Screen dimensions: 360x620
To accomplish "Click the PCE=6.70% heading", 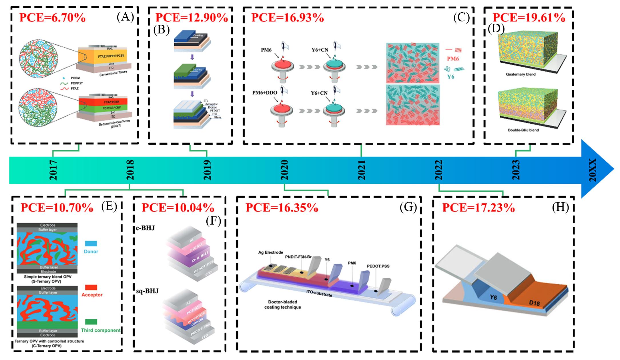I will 52,18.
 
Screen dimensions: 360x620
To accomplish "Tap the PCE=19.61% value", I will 529,18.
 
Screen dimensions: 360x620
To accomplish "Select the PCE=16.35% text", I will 282,208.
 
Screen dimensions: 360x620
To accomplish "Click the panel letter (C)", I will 461,18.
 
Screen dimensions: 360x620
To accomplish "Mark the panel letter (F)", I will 214,221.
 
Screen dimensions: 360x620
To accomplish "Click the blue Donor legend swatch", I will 91,243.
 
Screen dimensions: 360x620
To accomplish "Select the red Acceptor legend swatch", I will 91,287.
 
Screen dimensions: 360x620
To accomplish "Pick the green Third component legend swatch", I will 91,322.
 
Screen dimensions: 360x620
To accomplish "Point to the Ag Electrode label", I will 270,252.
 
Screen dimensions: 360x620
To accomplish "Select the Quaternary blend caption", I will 521,74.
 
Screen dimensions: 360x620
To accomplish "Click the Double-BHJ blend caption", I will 523,130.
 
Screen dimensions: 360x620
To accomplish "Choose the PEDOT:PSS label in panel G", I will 378,266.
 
